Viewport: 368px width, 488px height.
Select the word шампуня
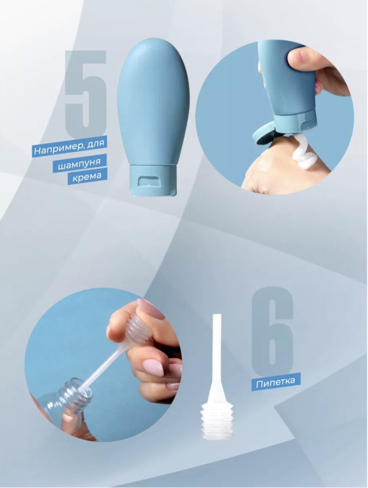(79, 164)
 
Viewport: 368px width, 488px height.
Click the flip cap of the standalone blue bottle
(152, 180)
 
